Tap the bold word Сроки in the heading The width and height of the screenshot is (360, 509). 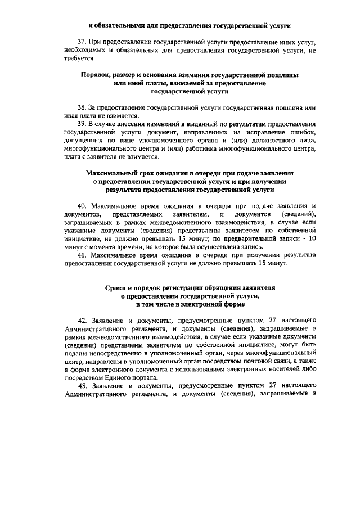coord(116,287)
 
